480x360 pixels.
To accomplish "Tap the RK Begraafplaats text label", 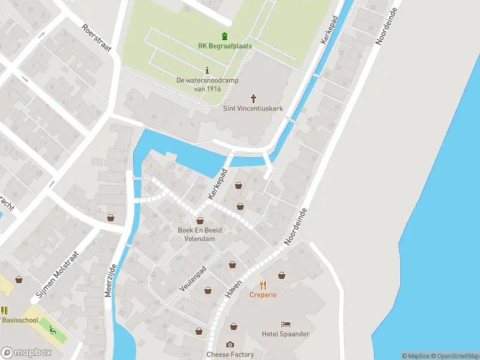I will coord(225,46).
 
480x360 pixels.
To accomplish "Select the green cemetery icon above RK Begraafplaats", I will coord(225,36).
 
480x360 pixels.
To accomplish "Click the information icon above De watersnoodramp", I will coord(207,70).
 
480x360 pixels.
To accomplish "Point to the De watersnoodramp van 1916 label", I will coord(199,85).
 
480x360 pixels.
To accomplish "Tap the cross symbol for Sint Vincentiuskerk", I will coord(253,98).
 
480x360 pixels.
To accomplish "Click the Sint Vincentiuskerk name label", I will coord(253,109).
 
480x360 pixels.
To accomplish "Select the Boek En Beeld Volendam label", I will coord(200,234).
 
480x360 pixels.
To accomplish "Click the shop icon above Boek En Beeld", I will coord(200,221).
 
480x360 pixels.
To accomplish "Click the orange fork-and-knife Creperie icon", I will coord(263,284).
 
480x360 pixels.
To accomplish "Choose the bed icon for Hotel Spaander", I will coord(286,324).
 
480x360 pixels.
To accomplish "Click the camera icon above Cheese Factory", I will coord(230,344).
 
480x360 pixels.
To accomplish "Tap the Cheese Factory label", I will coord(230,355).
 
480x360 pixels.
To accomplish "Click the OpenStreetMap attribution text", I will coord(455,356).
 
